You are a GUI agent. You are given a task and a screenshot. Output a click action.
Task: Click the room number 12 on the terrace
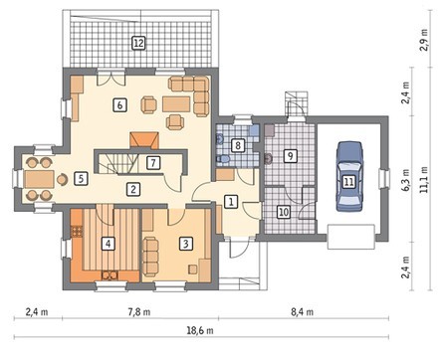(x=138, y=43)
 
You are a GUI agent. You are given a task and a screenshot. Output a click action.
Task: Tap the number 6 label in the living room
(x=119, y=105)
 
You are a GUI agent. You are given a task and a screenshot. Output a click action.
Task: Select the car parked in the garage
(x=349, y=177)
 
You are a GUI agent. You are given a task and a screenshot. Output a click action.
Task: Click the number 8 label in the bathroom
(x=238, y=145)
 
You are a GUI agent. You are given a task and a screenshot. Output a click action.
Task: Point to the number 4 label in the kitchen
(x=108, y=244)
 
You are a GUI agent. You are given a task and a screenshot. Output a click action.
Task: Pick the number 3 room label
(x=186, y=244)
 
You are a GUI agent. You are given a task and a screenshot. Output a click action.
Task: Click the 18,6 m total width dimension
(x=202, y=330)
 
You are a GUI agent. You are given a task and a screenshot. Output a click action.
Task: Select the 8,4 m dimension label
(x=302, y=312)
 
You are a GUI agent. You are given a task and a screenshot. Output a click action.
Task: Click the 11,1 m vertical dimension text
(x=426, y=180)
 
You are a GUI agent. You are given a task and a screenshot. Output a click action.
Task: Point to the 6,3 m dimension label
(x=407, y=182)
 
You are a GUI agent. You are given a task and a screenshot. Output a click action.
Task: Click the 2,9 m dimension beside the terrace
(x=425, y=40)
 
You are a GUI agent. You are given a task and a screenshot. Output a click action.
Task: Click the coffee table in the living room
(x=176, y=104)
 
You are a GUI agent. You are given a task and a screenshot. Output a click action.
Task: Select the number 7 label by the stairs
(x=153, y=163)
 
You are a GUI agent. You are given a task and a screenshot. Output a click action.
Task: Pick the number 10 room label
(x=284, y=212)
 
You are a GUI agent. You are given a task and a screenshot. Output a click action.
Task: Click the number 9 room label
(x=291, y=155)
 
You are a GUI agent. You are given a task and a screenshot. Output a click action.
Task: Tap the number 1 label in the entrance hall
(x=231, y=201)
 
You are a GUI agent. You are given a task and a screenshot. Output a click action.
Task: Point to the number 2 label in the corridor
(x=133, y=189)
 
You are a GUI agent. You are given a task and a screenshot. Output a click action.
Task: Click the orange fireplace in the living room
(x=144, y=139)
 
